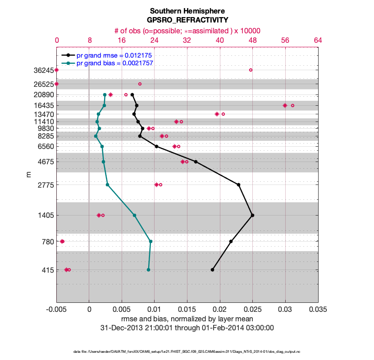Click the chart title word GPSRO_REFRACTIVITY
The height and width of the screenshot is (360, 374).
click(x=187, y=20)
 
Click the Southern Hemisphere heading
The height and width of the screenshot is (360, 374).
click(x=187, y=11)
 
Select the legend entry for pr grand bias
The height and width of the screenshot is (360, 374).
click(x=114, y=63)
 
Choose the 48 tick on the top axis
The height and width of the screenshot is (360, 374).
click(x=252, y=40)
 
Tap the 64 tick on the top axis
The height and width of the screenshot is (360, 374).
click(x=318, y=40)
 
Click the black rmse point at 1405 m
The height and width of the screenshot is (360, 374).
click(x=252, y=215)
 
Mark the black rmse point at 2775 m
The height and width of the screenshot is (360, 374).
click(x=238, y=184)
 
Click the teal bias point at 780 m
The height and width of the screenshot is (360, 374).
click(x=151, y=241)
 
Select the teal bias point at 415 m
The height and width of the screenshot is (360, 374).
click(x=148, y=270)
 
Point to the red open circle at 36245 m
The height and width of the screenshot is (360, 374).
click(x=251, y=70)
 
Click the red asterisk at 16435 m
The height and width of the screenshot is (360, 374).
click(x=285, y=105)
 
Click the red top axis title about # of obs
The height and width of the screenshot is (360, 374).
click(x=187, y=31)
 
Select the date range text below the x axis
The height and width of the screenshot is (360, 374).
click(x=187, y=328)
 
